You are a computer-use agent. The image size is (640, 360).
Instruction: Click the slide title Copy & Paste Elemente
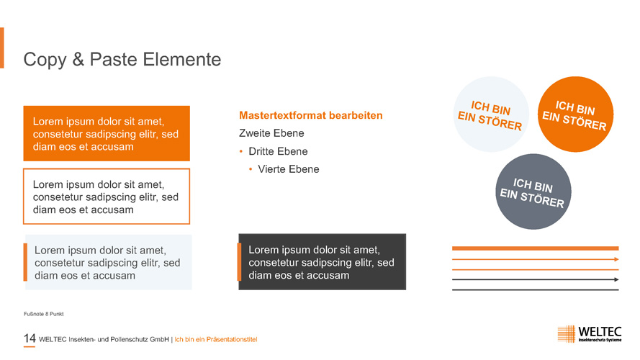(122, 60)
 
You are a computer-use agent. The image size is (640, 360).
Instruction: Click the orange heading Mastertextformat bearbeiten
(310, 115)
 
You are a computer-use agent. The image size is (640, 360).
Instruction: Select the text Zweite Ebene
(271, 133)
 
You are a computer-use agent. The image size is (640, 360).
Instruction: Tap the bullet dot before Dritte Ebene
(241, 151)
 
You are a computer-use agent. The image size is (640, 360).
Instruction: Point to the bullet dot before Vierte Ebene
(251, 169)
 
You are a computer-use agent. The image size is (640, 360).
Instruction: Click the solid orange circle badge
(575, 114)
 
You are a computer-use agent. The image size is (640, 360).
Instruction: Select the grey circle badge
(533, 192)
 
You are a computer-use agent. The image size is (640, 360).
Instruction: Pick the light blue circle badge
(491, 114)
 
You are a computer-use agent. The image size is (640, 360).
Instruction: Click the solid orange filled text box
(107, 133)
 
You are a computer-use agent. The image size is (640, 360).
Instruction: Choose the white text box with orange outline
(107, 197)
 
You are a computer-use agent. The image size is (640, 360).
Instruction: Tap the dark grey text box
(323, 261)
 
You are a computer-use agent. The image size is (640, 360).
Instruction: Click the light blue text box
(108, 262)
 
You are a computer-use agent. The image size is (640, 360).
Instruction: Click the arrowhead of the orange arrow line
(616, 259)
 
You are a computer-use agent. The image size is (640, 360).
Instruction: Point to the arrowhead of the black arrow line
(616, 279)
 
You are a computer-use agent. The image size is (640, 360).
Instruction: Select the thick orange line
(536, 248)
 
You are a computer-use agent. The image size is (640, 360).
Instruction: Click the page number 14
(30, 338)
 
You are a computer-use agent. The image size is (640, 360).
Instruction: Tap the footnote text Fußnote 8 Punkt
(44, 314)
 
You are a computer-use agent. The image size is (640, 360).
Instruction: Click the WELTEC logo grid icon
(567, 334)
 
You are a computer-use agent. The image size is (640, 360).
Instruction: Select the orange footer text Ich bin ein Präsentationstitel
(216, 339)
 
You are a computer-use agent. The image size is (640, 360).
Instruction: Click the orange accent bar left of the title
(2, 48)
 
